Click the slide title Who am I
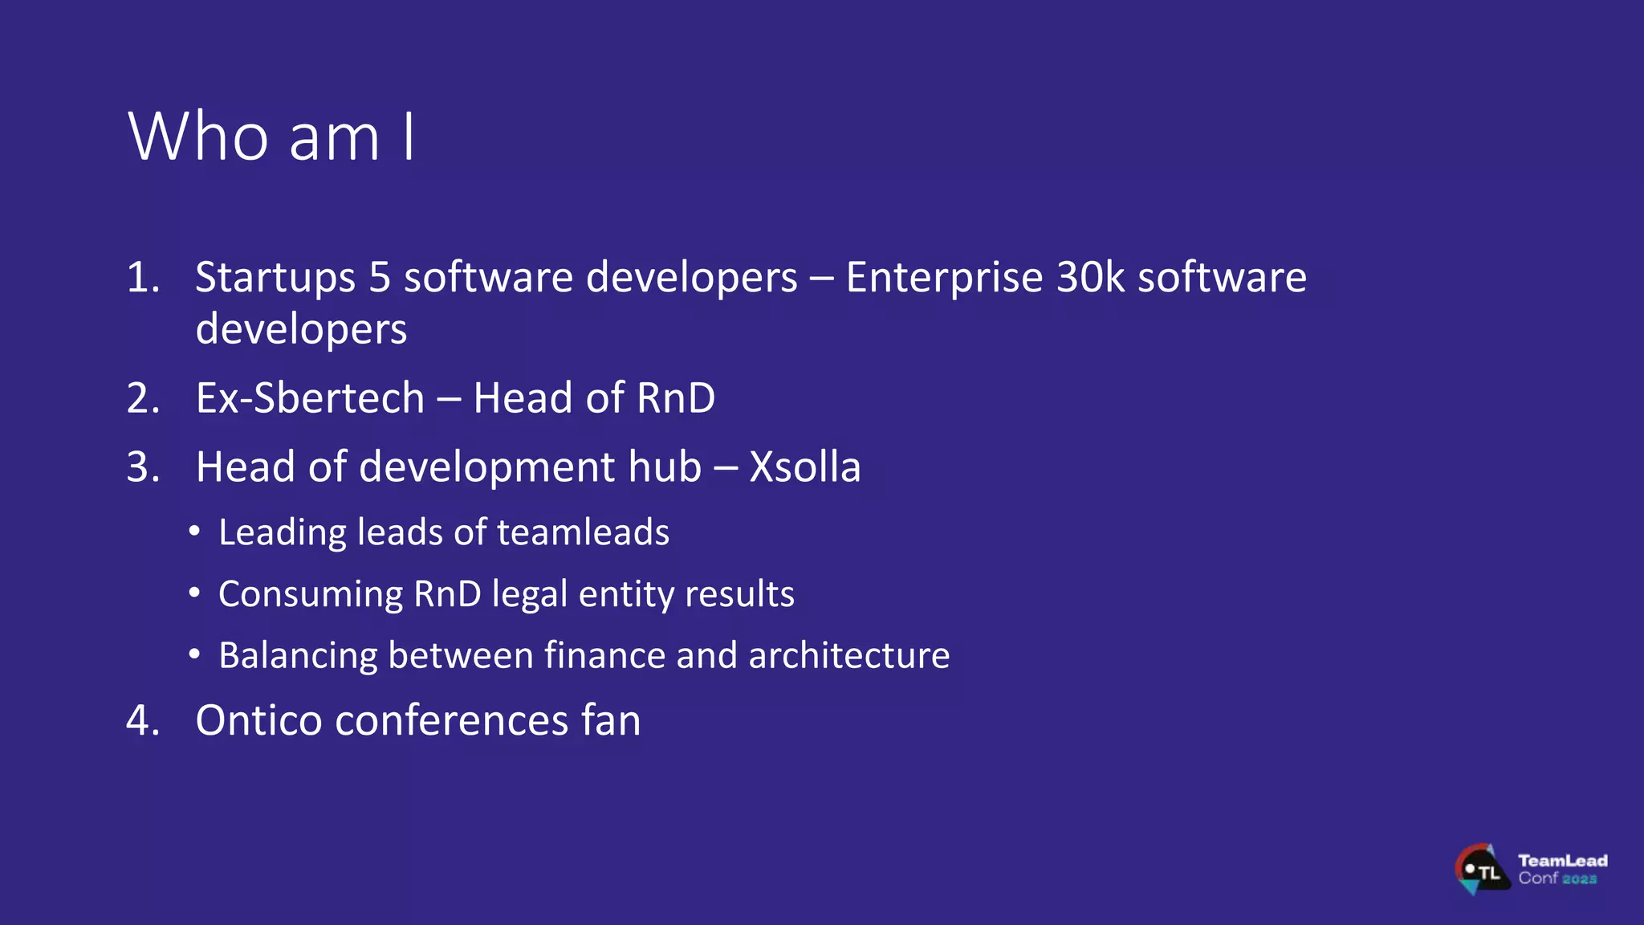(271, 137)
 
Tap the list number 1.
(143, 278)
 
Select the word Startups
(275, 279)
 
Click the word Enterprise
(944, 279)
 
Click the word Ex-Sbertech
(310, 398)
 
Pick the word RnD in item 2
(675, 398)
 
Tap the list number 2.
(143, 399)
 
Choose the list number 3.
(143, 467)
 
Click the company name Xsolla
(804, 467)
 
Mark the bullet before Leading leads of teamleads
(194, 531)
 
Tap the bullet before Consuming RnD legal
(194, 593)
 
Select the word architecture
(848, 655)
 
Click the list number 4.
(143, 720)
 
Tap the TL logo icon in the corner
(1481, 870)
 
